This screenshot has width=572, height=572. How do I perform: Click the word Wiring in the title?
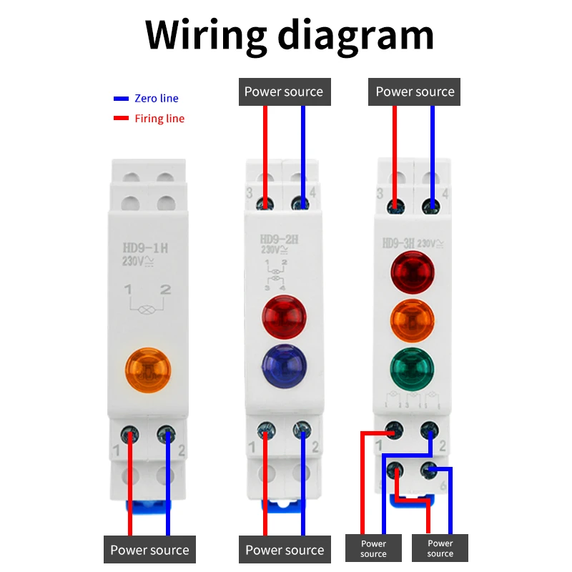pos(202,34)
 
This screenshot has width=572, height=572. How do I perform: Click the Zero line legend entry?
pos(156,99)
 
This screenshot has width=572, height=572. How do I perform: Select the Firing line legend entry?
pos(159,119)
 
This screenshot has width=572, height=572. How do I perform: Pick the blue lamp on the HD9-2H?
pos(284,365)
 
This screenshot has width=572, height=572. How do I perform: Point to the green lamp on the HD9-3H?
pos(412,368)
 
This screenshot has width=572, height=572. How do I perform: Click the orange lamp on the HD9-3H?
pos(412,320)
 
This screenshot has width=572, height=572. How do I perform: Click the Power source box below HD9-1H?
pos(149,551)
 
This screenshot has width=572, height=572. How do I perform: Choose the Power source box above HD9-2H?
pos(284,92)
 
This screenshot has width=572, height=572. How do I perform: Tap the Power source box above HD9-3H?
pos(415,92)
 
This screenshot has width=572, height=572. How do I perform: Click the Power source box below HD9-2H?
pos(285,551)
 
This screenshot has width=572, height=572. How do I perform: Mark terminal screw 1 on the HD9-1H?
pos(130,433)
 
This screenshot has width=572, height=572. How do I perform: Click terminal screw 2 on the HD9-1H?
pos(167,433)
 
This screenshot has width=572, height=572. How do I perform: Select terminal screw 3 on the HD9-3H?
pos(395,205)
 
